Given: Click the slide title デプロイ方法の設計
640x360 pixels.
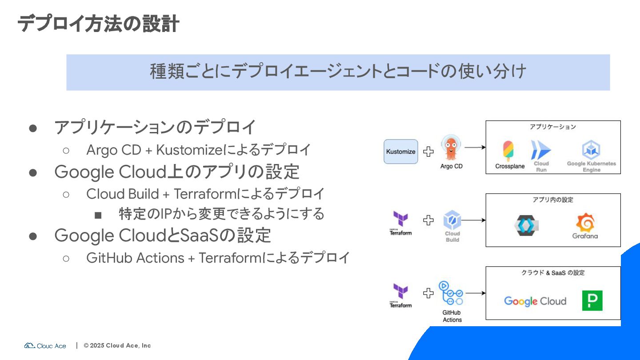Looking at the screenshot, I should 98,24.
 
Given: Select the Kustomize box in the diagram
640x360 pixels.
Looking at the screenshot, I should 400,152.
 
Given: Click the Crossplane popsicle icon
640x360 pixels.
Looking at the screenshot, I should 508,151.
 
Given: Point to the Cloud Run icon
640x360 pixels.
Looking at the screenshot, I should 541,150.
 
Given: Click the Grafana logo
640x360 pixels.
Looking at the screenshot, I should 585,222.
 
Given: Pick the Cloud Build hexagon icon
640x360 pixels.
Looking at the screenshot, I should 452,220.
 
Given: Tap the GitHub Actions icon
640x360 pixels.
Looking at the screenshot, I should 451,293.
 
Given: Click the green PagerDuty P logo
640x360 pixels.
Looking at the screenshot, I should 592,300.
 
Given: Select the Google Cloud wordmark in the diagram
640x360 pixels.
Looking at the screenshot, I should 535,301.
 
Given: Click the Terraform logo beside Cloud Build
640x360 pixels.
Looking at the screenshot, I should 400,220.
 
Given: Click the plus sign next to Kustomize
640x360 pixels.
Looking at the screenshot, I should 428,152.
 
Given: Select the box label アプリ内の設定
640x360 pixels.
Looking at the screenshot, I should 553,200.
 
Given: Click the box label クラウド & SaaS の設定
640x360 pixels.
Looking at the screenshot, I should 553,273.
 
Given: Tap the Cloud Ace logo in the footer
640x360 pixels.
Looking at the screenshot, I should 45,346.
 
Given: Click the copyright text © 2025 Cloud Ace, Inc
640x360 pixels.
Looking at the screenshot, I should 117,346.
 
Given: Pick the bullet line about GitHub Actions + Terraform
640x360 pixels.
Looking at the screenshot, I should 218,258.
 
